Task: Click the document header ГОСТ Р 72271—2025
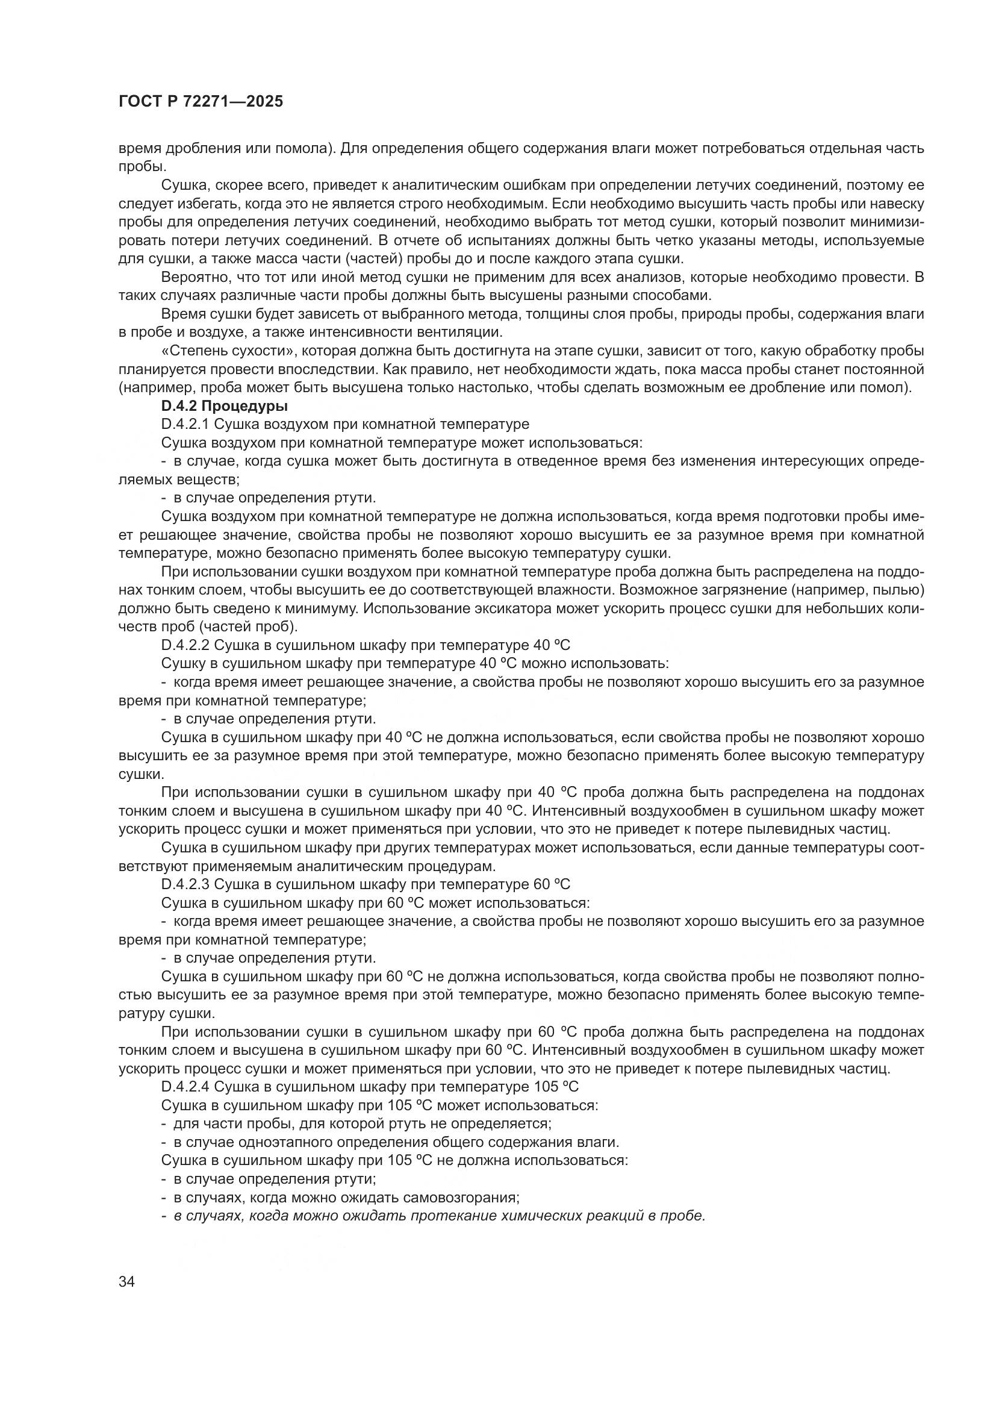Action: click(x=201, y=102)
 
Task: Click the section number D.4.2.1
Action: click(x=185, y=424)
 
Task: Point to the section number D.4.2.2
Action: click(x=186, y=645)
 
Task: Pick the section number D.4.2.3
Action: click(x=186, y=884)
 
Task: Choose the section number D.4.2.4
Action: click(x=186, y=1087)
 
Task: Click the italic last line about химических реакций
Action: click(x=433, y=1216)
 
